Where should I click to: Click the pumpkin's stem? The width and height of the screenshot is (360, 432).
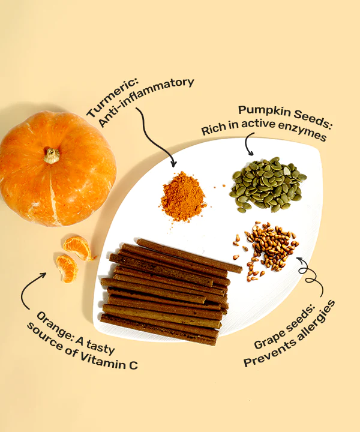click(x=52, y=156)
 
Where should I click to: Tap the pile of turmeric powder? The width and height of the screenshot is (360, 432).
click(x=183, y=197)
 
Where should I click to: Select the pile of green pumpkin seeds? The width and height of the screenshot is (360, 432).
click(x=268, y=184)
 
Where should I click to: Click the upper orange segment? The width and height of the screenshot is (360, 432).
click(x=77, y=248)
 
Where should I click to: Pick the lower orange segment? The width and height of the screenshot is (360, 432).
click(x=67, y=269)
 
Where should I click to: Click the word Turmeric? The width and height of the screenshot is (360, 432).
click(x=112, y=98)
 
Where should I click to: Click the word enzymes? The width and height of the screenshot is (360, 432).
click(x=302, y=131)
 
